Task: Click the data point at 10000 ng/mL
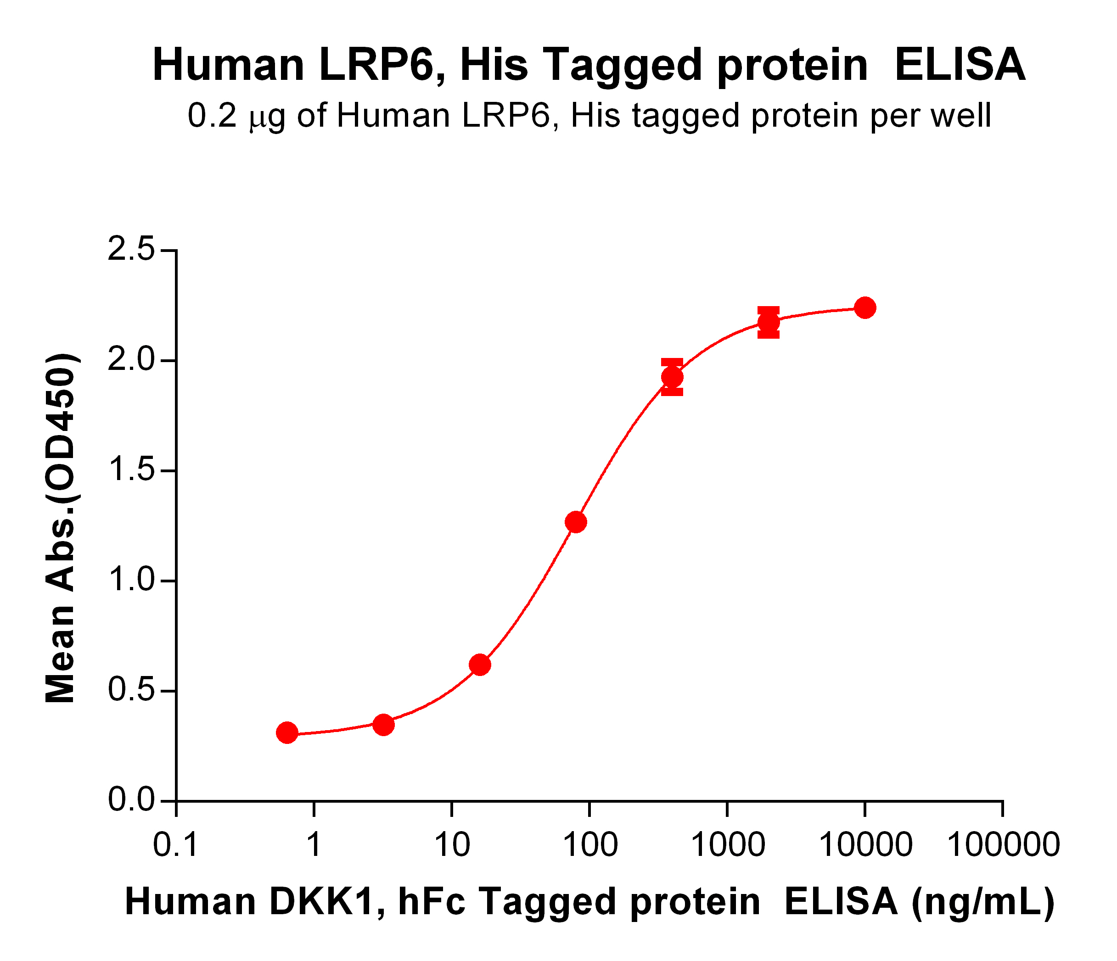click(864, 308)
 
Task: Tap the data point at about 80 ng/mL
click(576, 522)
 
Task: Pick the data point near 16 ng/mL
click(480, 665)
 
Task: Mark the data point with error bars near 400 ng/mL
click(672, 377)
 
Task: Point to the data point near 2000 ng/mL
click(768, 322)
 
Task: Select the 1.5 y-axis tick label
click(131, 470)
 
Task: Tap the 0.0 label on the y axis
click(131, 801)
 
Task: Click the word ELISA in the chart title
click(960, 65)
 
